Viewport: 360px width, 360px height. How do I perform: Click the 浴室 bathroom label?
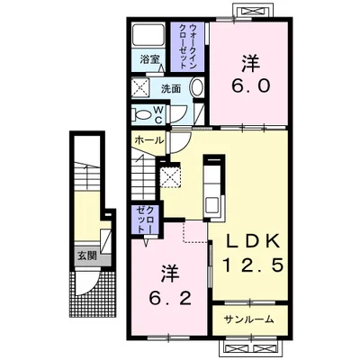click(149, 59)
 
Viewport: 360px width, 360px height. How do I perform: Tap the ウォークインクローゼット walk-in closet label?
click(189, 47)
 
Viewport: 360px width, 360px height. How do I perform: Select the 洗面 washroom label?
click(171, 89)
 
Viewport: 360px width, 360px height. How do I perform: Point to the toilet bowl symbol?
click(143, 115)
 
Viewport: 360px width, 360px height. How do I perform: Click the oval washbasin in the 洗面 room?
click(196, 87)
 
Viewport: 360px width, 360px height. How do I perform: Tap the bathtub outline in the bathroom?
click(148, 37)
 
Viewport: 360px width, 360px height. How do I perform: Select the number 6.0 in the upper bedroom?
click(251, 86)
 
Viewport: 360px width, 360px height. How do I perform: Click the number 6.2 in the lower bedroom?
click(170, 299)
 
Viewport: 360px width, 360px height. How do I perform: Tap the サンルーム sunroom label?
click(249, 319)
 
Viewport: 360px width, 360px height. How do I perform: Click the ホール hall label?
click(149, 139)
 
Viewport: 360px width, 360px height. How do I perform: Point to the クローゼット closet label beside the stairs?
click(146, 220)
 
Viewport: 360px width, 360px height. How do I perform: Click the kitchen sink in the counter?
click(213, 206)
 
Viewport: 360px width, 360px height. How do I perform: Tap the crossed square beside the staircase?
click(170, 177)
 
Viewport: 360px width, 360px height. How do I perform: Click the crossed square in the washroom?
click(139, 87)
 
